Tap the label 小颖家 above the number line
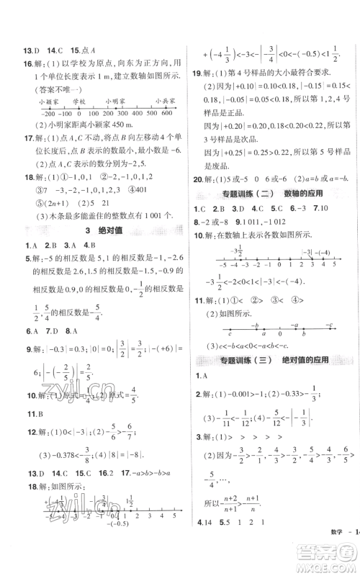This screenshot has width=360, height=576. point(50,102)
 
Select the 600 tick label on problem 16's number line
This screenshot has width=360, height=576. point(167,115)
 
